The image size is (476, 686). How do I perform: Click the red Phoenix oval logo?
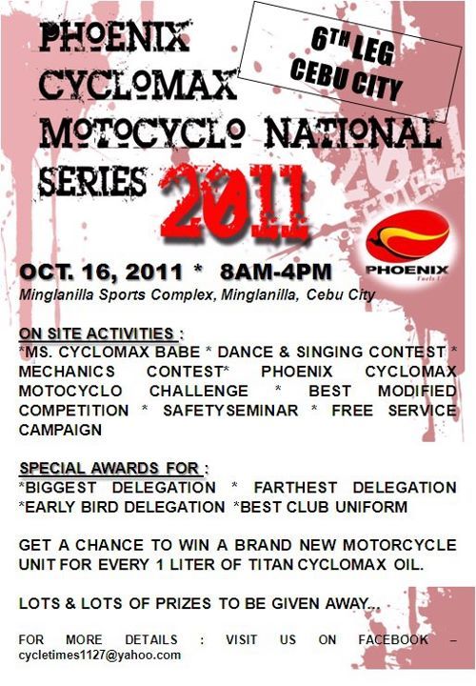(x=407, y=236)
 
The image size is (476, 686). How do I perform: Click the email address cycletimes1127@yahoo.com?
(x=100, y=655)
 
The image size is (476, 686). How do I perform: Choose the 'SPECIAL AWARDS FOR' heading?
(x=109, y=468)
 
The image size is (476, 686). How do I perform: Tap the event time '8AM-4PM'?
(x=276, y=272)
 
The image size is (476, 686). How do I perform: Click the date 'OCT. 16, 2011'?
(x=101, y=272)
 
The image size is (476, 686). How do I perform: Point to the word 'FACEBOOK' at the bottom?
(x=393, y=639)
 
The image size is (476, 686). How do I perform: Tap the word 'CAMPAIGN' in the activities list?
(x=60, y=430)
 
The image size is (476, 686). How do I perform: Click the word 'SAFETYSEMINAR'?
(x=230, y=411)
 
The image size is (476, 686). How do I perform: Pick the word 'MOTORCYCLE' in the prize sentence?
(x=400, y=545)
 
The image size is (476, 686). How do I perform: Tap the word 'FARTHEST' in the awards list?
(x=295, y=488)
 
